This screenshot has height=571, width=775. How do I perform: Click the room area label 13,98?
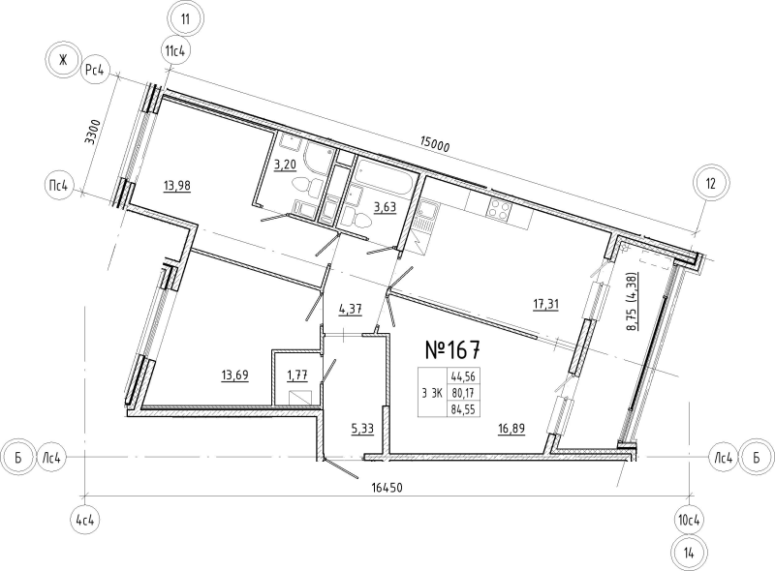(x=177, y=186)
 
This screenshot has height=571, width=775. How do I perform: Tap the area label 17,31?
(x=545, y=304)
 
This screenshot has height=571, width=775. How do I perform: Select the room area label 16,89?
(x=511, y=429)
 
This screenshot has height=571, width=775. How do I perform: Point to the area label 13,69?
(x=234, y=376)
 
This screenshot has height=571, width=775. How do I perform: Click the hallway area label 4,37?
(x=351, y=309)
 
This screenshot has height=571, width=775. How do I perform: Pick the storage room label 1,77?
(x=297, y=376)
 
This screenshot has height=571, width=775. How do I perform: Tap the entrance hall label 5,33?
(x=362, y=430)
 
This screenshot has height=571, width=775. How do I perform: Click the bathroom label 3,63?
(x=385, y=207)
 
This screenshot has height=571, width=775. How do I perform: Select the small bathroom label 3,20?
(x=285, y=164)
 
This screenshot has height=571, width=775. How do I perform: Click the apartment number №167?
(x=452, y=349)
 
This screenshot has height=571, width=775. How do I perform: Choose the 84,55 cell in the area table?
(x=464, y=409)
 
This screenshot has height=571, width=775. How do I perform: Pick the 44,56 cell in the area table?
(x=464, y=376)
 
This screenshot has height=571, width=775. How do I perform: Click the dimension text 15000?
(x=434, y=145)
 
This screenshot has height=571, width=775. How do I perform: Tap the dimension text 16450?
(x=387, y=488)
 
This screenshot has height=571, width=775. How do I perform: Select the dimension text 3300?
(x=92, y=132)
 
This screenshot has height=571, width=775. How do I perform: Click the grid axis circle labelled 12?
(x=711, y=184)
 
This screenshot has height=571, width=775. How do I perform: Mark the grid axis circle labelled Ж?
(x=62, y=61)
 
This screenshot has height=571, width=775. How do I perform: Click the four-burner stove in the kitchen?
(x=498, y=210)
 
